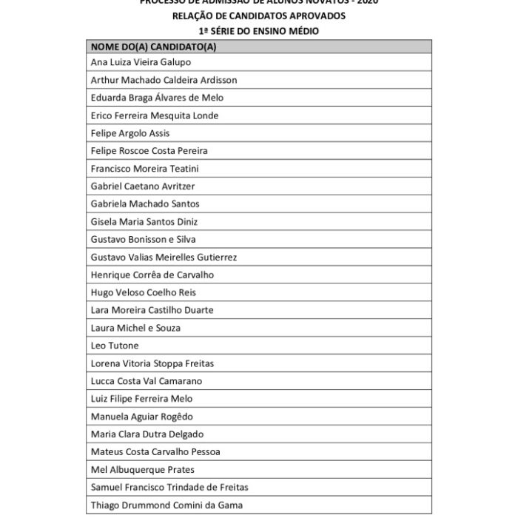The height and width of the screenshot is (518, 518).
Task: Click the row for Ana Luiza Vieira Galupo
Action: tap(140, 62)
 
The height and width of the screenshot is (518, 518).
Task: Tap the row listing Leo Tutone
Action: tap(114, 346)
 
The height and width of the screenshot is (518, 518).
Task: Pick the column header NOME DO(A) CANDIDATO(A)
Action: tap(153, 46)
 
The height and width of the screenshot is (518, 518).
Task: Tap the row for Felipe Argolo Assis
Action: tap(129, 133)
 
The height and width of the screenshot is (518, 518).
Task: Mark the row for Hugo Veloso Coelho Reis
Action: tap(143, 293)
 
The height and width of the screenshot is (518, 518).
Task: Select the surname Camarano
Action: tap(179, 381)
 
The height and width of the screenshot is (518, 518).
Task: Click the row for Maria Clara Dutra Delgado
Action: tap(147, 434)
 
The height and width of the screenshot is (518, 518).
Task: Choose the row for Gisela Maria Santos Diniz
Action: tap(144, 222)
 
